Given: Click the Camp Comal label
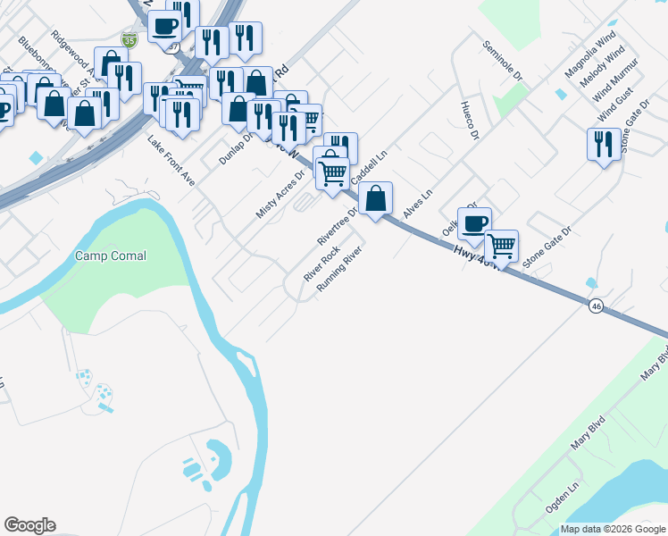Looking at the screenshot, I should pyautogui.click(x=110, y=255).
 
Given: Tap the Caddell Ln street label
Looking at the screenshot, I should pyautogui.click(x=369, y=167).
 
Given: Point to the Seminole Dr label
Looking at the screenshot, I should pyautogui.click(x=501, y=62).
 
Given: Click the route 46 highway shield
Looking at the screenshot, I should pyautogui.click(x=596, y=306).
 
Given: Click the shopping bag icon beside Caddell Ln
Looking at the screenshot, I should pyautogui.click(x=377, y=198).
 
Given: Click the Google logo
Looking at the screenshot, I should pyautogui.click(x=29, y=525).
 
